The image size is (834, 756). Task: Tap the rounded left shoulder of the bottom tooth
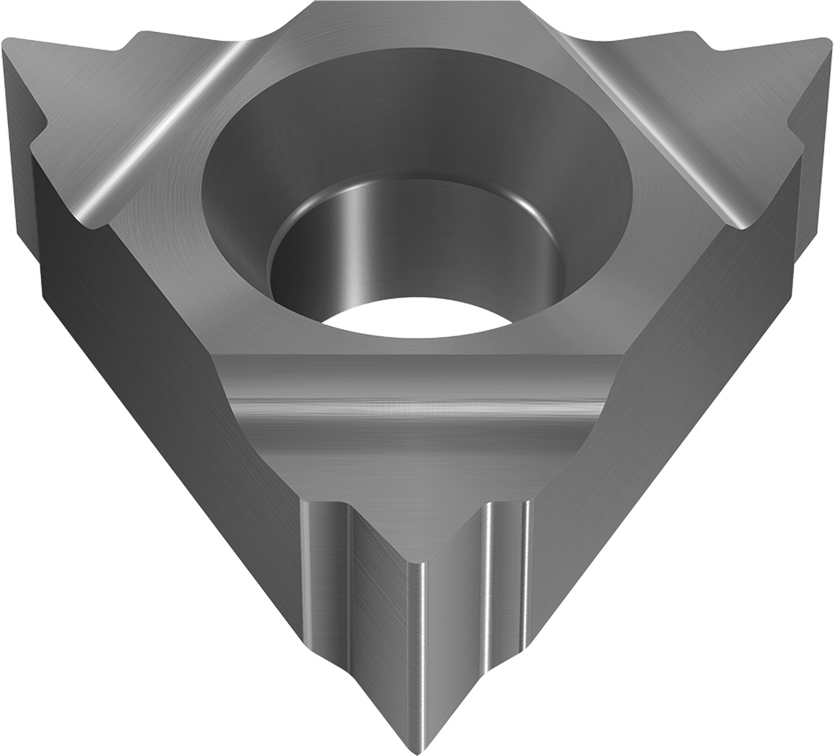tap(323, 553)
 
